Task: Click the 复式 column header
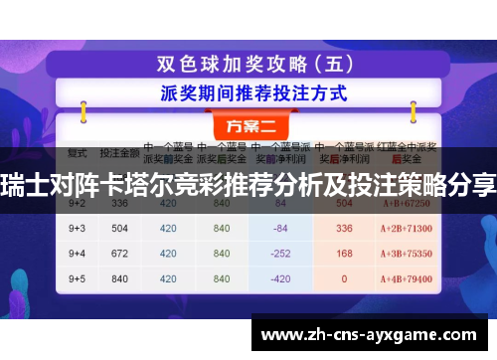tap(79, 154)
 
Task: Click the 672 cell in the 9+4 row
tap(121, 252)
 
